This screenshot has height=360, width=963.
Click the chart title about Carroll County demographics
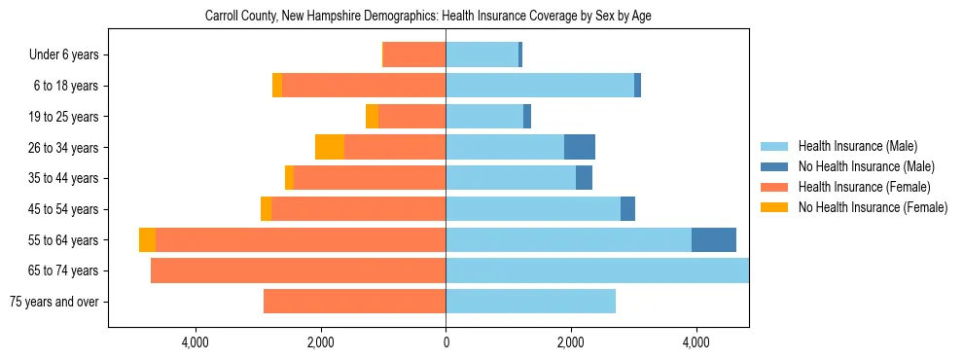pos(435,17)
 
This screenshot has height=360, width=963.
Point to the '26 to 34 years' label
pos(64,148)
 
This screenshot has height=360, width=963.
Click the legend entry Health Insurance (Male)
pos(857,146)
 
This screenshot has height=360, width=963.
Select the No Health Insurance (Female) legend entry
pos(873,207)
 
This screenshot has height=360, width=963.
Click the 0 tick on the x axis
pos(446,342)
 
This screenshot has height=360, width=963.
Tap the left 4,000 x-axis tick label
pos(196,342)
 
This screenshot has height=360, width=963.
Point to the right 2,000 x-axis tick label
pos(571,342)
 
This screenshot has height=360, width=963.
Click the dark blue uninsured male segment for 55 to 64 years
pos(714,240)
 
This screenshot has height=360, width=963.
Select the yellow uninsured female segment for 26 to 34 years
pos(330,148)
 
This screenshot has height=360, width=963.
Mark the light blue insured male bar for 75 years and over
pos(530,302)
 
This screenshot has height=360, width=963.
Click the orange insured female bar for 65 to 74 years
pos(298,270)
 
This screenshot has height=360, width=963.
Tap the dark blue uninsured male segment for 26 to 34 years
pos(580,148)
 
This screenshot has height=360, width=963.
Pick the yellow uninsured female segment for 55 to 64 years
pos(147,240)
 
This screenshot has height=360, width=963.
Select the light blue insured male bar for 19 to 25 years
pos(484,117)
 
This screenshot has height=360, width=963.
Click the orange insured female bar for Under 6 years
pos(414,55)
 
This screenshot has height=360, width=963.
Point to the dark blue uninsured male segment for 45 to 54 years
pos(627,209)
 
